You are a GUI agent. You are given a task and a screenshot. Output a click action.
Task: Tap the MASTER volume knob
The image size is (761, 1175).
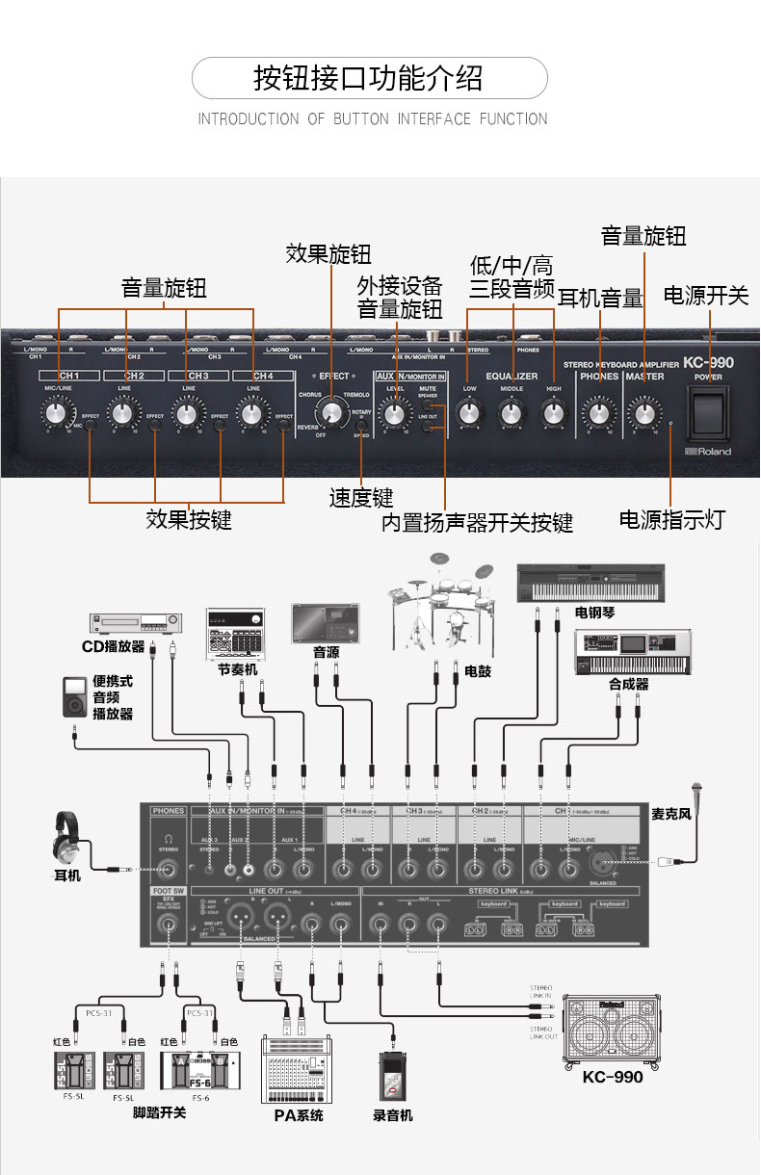coord(643,414)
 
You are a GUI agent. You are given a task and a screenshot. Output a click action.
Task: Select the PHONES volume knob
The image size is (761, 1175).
coord(599,414)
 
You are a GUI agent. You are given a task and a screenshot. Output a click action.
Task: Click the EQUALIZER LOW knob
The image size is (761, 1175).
coord(468,414)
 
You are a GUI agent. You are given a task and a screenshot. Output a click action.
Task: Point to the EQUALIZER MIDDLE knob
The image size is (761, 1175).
coord(511,414)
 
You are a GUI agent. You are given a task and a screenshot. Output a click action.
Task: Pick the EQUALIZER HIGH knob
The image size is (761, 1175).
coord(552,414)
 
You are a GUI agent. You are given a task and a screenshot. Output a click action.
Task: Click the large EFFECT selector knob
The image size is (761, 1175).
coord(331,412)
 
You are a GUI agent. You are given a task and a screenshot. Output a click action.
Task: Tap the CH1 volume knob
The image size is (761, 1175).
coord(54,414)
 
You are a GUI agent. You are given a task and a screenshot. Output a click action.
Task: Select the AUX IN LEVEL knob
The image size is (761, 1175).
coord(393,414)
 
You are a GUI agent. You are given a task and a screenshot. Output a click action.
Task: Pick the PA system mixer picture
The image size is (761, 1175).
coord(296,1069)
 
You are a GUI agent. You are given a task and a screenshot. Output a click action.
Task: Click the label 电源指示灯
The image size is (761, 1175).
coord(670,520)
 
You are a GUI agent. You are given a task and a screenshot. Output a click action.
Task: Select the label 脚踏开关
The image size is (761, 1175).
coord(160,1113)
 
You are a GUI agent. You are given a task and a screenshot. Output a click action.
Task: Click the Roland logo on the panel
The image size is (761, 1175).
coord(708,452)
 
